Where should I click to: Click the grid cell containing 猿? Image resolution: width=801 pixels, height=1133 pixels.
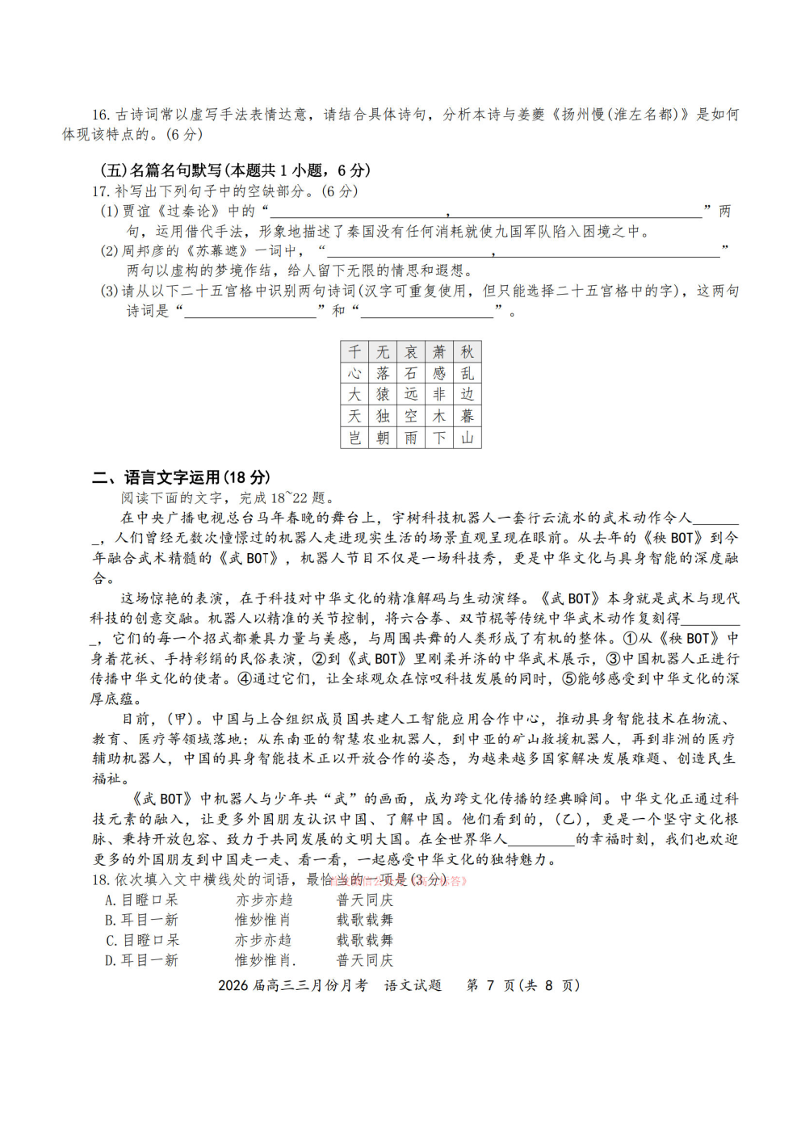383,394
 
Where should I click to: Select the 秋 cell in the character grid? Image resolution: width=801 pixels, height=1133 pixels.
468,351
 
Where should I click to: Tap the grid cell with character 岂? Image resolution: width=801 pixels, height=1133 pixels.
354,438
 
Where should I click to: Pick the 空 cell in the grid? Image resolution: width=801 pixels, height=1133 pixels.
411,416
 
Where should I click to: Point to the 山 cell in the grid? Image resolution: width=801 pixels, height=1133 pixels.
468,438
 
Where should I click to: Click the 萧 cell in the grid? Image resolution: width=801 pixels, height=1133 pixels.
439,351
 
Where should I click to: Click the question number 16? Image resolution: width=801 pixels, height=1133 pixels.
101,115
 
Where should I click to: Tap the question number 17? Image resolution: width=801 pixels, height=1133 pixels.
100,191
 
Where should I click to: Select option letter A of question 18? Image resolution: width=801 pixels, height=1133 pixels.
110,900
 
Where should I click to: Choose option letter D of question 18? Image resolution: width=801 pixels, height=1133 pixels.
110,961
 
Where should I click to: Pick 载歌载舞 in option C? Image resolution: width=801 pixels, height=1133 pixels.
365,941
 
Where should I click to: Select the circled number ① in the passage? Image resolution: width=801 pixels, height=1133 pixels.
630,639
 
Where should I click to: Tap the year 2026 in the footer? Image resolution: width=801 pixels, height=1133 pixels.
233,985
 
